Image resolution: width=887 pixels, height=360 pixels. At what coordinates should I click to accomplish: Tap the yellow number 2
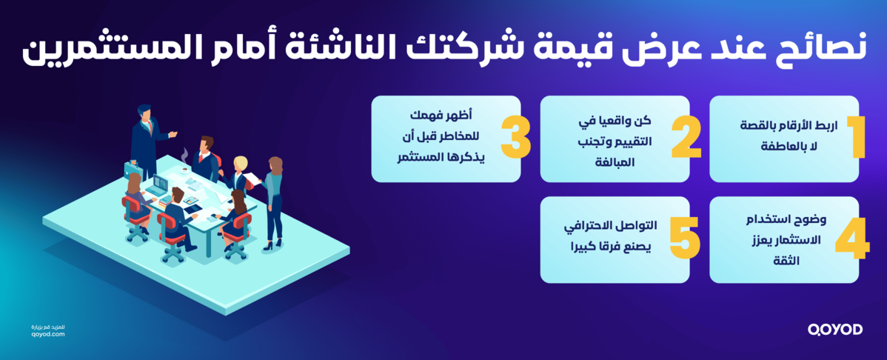686,137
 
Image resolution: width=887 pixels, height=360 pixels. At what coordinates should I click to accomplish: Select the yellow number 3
515,137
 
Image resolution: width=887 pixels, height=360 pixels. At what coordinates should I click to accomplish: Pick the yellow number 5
684,239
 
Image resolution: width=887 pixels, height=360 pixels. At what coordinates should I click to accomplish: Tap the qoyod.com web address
49,334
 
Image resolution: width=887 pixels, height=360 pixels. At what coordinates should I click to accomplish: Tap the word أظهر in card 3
465,116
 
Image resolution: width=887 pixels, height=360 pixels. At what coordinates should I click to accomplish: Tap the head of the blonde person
241,163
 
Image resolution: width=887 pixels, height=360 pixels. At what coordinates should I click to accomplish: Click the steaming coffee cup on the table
184,169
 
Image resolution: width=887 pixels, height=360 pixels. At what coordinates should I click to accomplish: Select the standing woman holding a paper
275,200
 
